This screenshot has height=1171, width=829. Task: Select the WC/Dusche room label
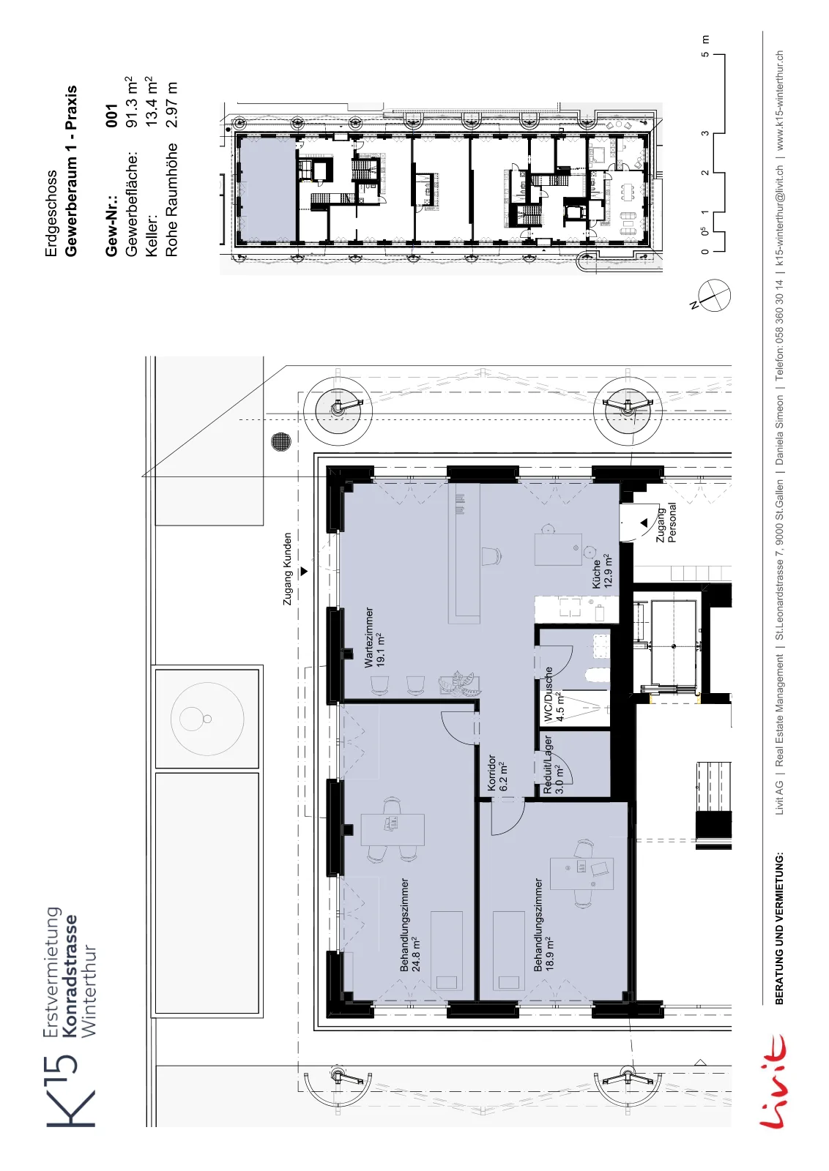pyautogui.click(x=554, y=695)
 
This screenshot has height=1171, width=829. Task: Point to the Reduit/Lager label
pyautogui.click(x=554, y=765)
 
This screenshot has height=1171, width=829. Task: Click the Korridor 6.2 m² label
pyautogui.click(x=497, y=773)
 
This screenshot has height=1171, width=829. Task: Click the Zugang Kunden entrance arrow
pyautogui.click(x=304, y=572)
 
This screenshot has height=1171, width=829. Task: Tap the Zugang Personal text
pyautogui.click(x=666, y=523)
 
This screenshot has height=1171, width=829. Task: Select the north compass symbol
pyautogui.click(x=712, y=295)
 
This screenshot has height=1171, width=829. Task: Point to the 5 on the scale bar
pyautogui.click(x=705, y=54)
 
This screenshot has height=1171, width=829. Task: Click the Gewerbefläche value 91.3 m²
pyautogui.click(x=131, y=102)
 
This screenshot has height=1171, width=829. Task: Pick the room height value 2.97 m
pyautogui.click(x=171, y=105)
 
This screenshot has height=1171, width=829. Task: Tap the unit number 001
pyautogui.click(x=111, y=116)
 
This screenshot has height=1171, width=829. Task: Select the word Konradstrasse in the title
pyautogui.click(x=70, y=975)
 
